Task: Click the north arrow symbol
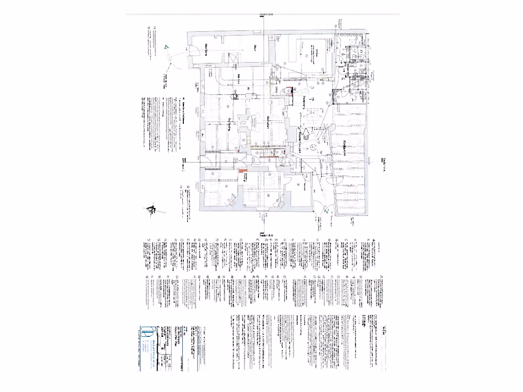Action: [x=152, y=210]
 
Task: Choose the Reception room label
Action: [x=268, y=122]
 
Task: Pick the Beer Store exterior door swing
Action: [x=194, y=50]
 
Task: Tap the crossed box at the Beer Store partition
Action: [x=235, y=94]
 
